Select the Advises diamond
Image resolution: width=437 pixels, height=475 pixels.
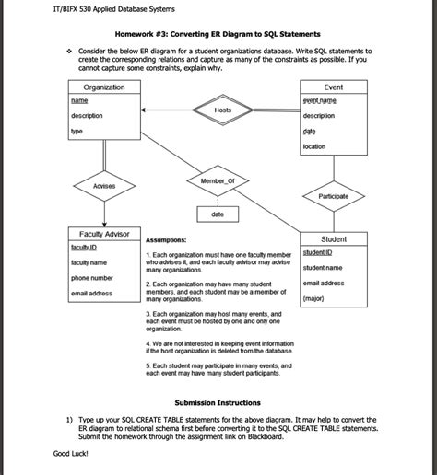click(104, 187)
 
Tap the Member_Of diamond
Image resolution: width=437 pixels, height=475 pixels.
click(217, 180)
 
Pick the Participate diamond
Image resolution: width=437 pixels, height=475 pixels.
click(333, 196)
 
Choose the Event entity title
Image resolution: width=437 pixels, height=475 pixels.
click(333, 87)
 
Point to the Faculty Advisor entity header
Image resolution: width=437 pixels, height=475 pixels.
click(104, 234)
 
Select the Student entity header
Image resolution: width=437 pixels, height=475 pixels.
click(333, 238)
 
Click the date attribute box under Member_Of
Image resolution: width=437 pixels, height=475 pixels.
click(218, 214)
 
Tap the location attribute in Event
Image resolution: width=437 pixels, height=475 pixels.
click(313, 146)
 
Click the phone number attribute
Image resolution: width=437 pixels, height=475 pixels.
click(92, 277)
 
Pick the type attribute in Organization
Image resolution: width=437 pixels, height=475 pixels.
click(77, 132)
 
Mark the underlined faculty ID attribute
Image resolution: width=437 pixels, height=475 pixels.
click(84, 248)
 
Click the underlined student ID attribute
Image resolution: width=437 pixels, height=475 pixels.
click(318, 252)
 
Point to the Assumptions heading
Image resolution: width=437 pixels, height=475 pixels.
click(171, 238)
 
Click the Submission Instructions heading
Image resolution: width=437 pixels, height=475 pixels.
click(218, 403)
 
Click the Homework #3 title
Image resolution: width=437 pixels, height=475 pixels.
click(218, 35)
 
